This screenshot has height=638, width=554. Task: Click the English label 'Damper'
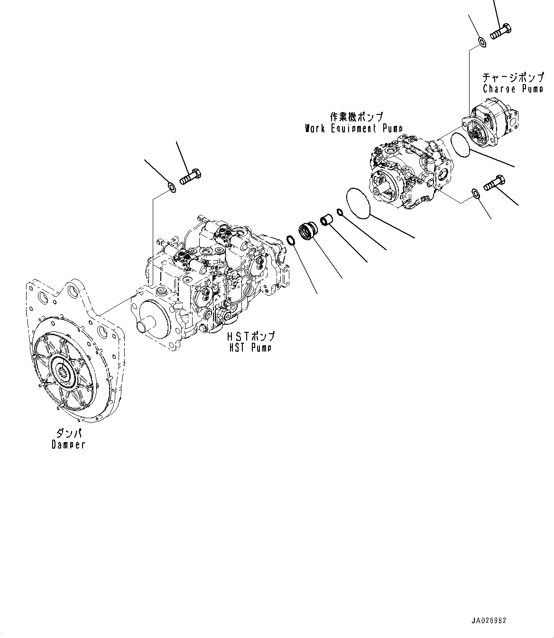click(x=68, y=445)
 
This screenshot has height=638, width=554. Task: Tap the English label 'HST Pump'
click(x=249, y=347)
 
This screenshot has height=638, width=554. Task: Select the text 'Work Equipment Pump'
click(x=354, y=128)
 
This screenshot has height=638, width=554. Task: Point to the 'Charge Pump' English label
click(x=513, y=89)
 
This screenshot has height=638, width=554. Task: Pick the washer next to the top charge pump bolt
click(x=481, y=43)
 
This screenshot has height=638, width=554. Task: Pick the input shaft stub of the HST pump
click(x=145, y=325)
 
